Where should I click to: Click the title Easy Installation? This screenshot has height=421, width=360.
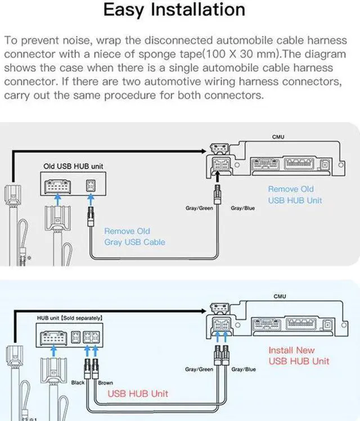click(x=174, y=10)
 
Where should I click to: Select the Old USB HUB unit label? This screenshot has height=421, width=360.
click(x=74, y=166)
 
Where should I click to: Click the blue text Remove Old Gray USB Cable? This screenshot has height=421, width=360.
click(x=134, y=237)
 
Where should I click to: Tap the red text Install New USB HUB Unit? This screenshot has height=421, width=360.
click(x=299, y=355)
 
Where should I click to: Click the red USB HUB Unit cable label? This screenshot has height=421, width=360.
click(x=137, y=393)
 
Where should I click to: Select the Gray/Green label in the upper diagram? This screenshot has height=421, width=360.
click(x=199, y=208)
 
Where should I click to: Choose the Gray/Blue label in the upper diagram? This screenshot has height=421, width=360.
click(x=242, y=208)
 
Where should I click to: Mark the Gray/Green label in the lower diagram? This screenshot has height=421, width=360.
click(x=199, y=369)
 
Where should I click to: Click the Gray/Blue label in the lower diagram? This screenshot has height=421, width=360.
click(x=243, y=369)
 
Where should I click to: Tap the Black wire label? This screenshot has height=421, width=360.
click(x=78, y=383)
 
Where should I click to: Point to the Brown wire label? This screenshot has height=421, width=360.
click(x=106, y=383)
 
